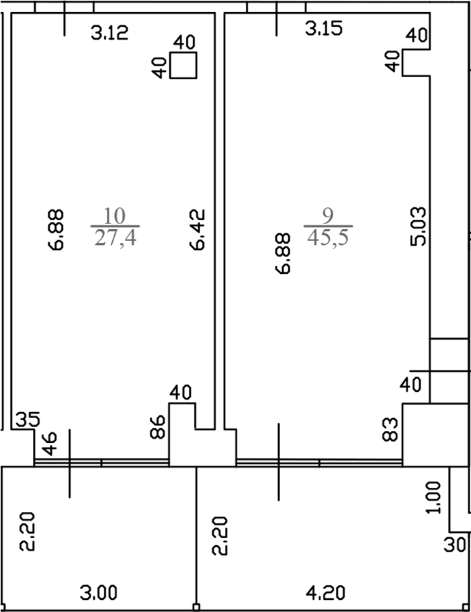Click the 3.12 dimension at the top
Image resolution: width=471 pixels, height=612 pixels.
110,32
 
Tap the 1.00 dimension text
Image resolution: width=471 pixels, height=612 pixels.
435,497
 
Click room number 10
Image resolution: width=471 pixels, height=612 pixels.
115,216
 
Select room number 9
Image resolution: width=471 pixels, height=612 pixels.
328,216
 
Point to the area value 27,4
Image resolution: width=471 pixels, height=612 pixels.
115,238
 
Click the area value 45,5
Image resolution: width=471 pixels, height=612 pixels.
328,238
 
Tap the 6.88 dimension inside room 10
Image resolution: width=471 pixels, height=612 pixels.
56,229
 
